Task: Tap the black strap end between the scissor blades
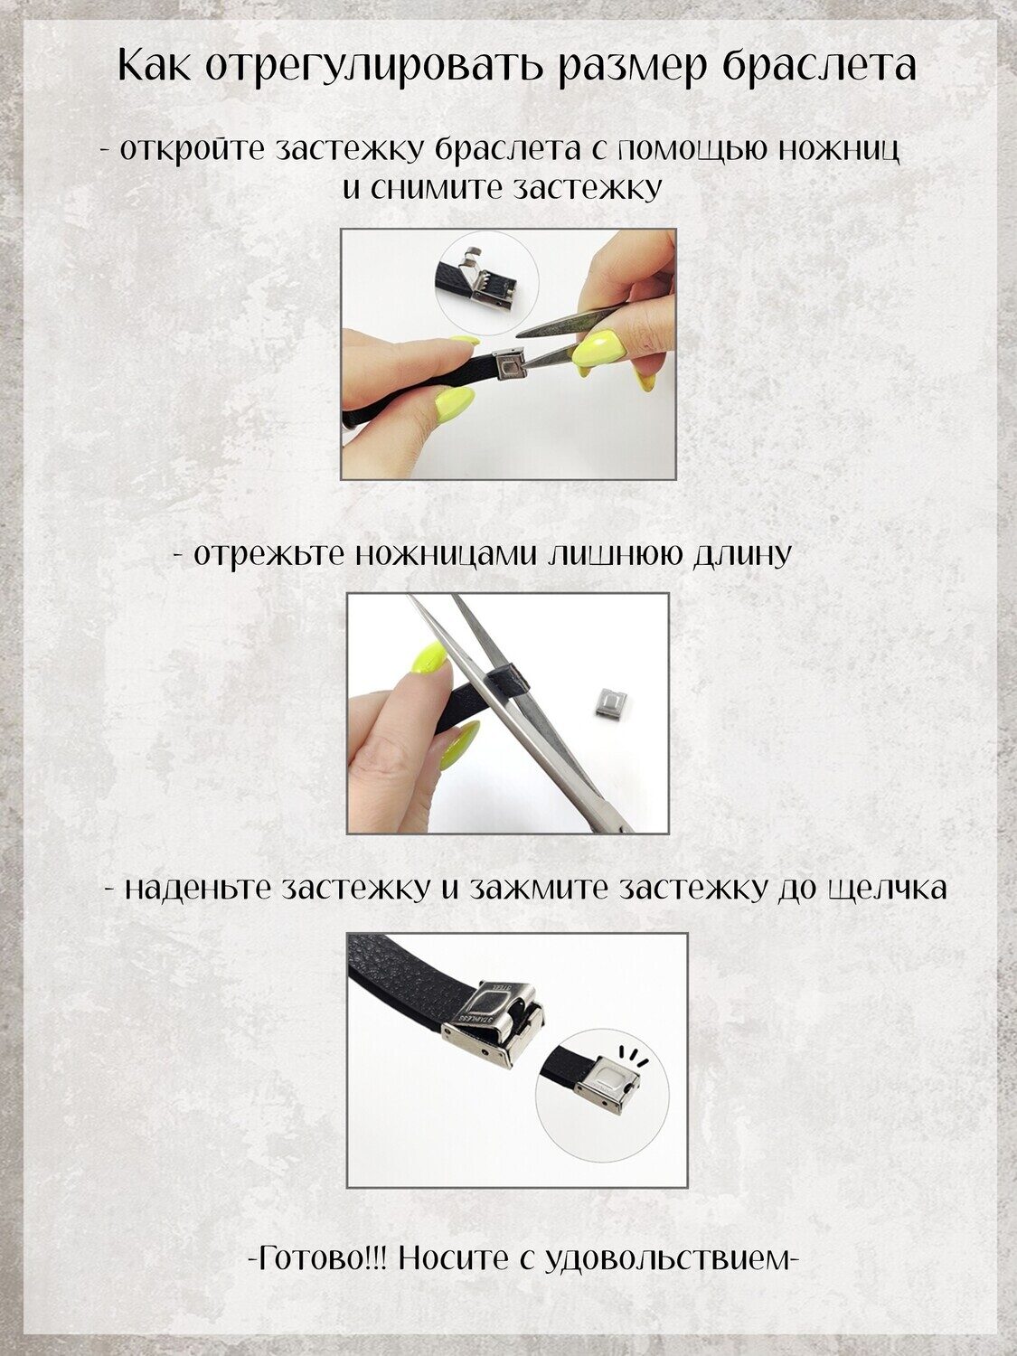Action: click(x=510, y=683)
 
